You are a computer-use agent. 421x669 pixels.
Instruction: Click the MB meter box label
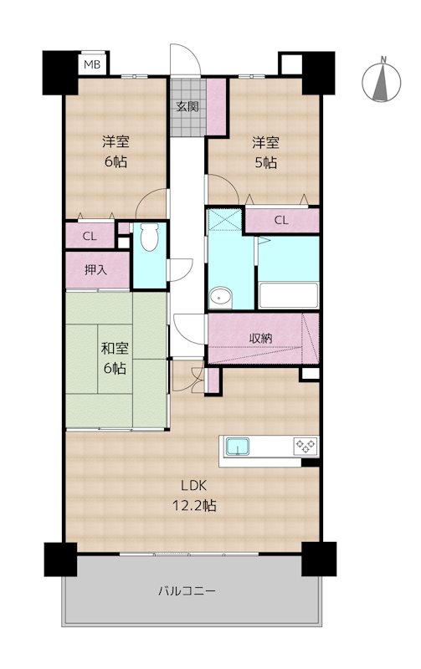click(x=92, y=65)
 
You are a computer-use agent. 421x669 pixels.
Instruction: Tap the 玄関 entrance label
click(x=187, y=106)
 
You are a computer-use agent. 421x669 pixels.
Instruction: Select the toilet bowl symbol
click(x=149, y=238)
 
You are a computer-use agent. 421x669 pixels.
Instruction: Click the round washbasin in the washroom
click(x=221, y=296)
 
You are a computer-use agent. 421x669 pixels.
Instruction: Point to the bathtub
click(x=288, y=295)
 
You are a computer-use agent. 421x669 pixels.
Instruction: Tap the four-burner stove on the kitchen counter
click(x=305, y=446)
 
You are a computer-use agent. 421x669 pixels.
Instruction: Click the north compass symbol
click(x=382, y=81)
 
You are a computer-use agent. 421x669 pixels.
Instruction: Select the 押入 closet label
click(x=95, y=269)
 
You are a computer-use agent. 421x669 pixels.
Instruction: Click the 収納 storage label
click(x=260, y=339)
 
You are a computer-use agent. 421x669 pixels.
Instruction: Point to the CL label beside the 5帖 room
click(x=281, y=220)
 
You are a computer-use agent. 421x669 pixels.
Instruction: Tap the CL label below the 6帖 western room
click(x=90, y=236)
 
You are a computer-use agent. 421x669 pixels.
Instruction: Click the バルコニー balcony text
click(x=187, y=591)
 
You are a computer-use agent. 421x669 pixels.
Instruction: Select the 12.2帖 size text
click(x=194, y=506)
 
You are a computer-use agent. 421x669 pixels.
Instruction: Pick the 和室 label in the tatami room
click(x=115, y=348)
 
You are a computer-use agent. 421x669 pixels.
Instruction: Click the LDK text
click(x=194, y=485)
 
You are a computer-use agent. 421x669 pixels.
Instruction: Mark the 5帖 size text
click(x=265, y=162)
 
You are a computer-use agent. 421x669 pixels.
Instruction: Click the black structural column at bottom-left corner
click(x=60, y=559)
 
